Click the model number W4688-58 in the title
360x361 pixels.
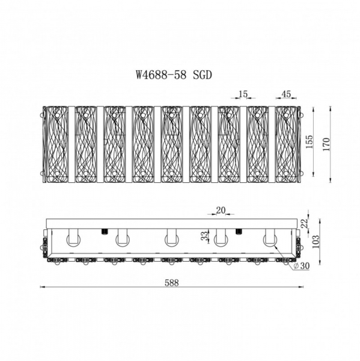[x=160, y=75]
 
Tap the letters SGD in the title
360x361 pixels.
[x=202, y=75]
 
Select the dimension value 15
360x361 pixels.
[x=243, y=94]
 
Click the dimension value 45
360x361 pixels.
[x=286, y=94]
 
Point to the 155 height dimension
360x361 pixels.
[x=310, y=141]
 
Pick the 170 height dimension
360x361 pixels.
[x=326, y=144]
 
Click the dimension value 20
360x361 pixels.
[x=221, y=210]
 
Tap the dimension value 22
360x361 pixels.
[x=305, y=224]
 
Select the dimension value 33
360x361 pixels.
[x=204, y=235]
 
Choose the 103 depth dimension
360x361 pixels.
[x=316, y=241]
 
